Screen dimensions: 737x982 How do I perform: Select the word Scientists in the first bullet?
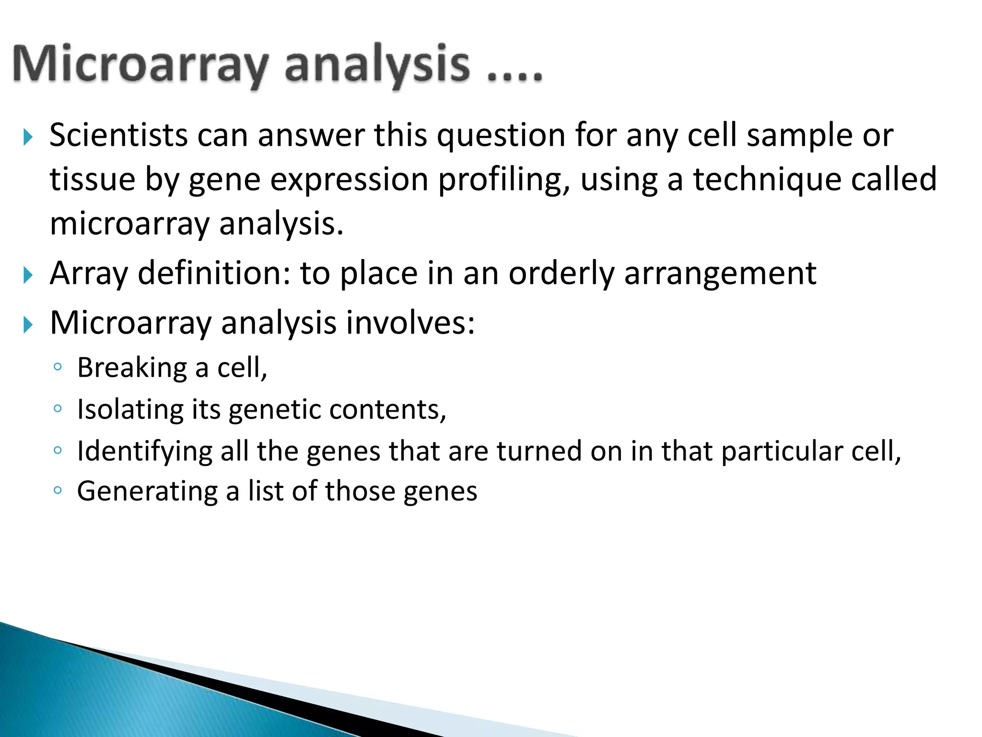pos(118,135)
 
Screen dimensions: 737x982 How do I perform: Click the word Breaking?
pos(132,368)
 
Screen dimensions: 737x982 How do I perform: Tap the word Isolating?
pos(130,410)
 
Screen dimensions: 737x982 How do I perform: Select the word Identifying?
pos(144,452)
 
